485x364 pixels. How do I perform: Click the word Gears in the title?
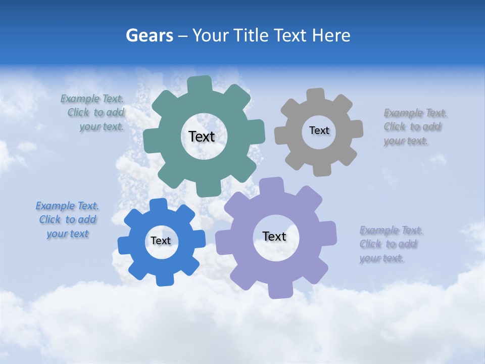[150, 35]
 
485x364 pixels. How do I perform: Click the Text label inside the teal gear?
[202, 136]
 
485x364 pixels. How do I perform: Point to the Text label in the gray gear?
[319, 130]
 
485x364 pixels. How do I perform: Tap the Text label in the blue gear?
[161, 241]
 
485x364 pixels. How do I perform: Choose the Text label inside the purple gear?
[274, 236]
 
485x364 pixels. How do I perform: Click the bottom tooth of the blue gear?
[164, 279]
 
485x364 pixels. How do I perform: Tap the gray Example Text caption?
[412, 127]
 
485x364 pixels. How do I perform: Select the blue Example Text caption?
[67, 220]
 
